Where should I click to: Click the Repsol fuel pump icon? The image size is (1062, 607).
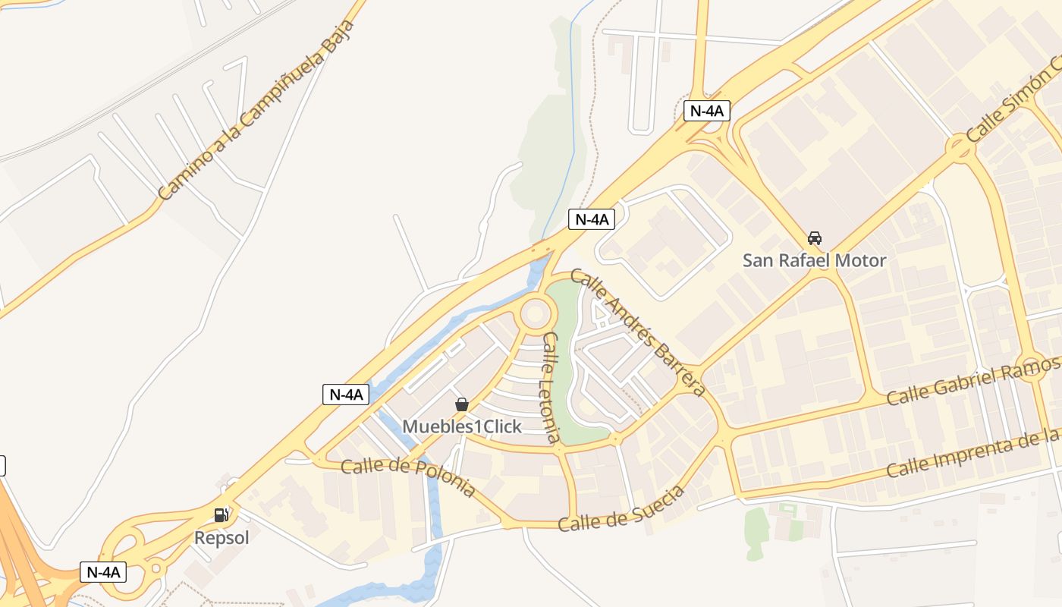pos(221,515)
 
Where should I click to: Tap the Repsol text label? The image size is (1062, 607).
pos(222,538)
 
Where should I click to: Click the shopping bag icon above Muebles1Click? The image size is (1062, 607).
pos(461,404)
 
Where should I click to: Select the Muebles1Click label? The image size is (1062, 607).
pos(462,426)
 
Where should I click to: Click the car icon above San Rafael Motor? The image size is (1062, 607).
pos(815,238)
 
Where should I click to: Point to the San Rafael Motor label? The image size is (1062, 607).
pos(814,260)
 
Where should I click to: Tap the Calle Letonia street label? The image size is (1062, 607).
pos(551,388)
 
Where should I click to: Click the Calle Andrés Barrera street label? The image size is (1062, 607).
pos(638,332)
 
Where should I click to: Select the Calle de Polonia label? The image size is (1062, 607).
pos(408,476)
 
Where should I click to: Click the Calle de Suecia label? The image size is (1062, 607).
pos(623,508)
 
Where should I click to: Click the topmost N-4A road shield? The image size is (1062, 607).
pos(706,111)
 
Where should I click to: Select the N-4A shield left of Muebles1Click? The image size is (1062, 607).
pos(346,395)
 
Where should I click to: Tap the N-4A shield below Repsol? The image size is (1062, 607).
pos(103,572)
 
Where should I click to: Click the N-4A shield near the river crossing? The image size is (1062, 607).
pos(592,220)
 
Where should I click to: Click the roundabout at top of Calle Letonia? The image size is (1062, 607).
pos(536,313)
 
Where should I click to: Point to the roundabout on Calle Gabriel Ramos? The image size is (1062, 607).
pos(1032,364)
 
